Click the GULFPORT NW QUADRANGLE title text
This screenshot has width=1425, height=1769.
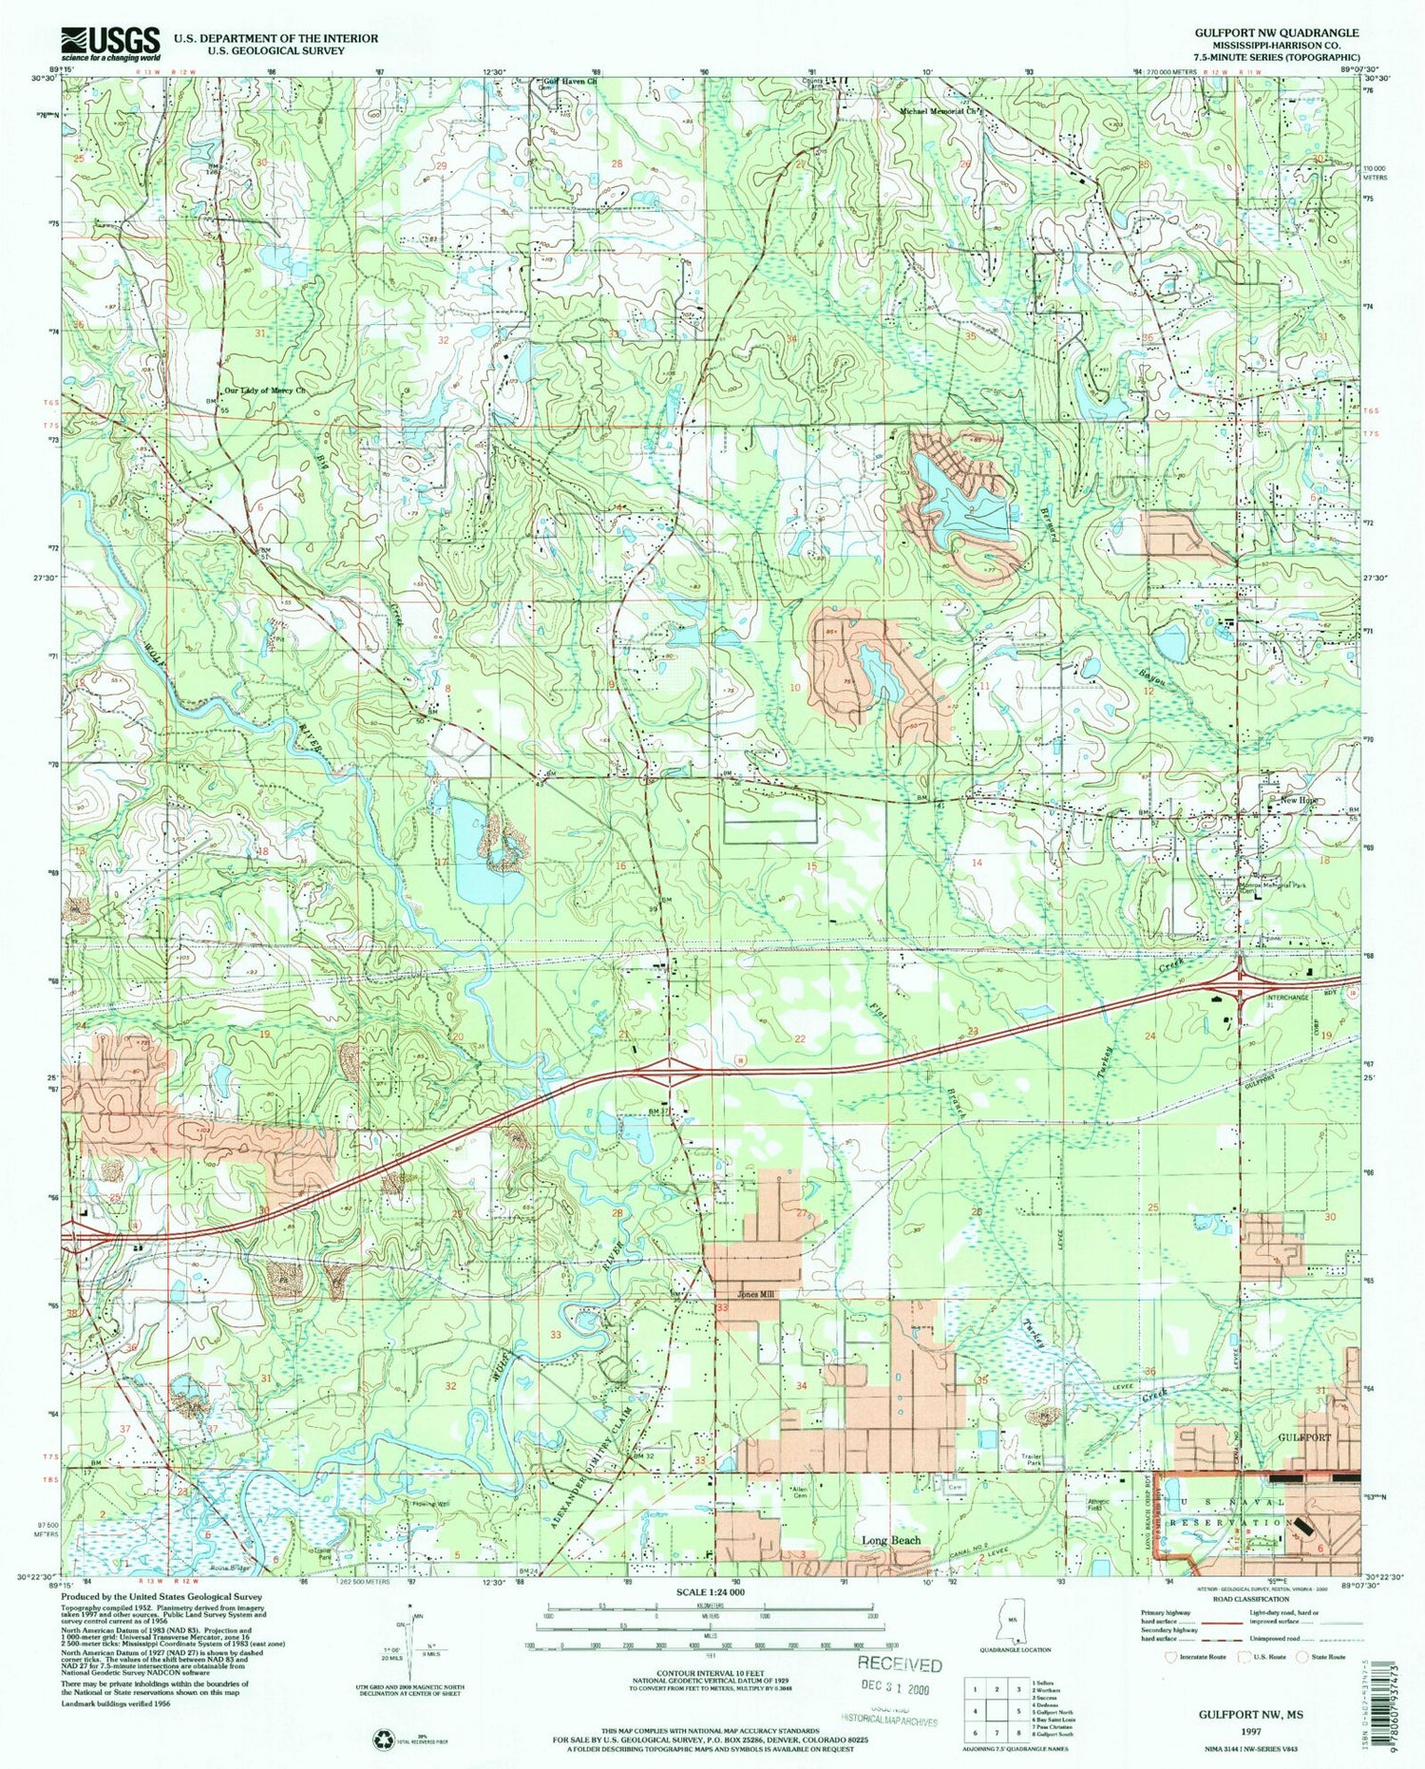pos(1277,32)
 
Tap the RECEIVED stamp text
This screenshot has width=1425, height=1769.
pos(900,1664)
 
